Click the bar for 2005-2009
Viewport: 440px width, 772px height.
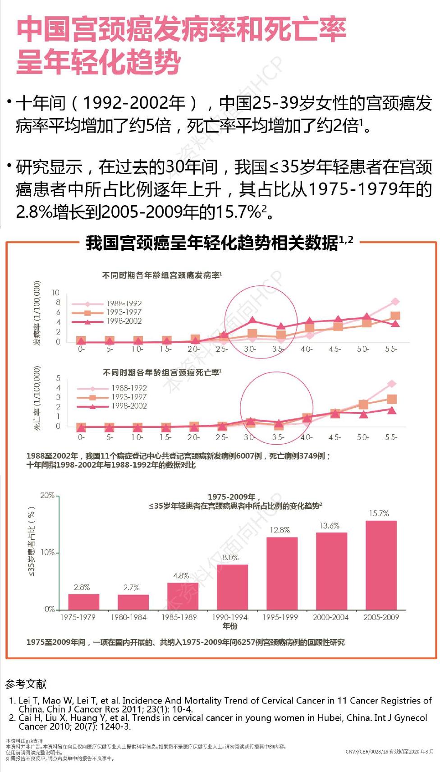coord(381,565)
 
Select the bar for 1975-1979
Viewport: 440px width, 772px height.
coord(83,602)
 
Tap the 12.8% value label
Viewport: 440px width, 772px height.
coord(280,530)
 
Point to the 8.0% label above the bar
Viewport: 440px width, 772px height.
coord(230,557)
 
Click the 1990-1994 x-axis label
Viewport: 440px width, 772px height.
coord(229,617)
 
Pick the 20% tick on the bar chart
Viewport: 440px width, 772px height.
coord(47,495)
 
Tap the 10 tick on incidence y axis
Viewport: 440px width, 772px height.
coord(55,293)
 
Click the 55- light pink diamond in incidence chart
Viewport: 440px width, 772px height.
coord(395,302)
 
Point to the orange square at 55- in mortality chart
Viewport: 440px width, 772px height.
coord(392,399)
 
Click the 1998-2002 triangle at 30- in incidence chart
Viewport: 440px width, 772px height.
coord(252,320)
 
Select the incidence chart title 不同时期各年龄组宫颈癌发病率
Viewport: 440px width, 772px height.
coord(161,275)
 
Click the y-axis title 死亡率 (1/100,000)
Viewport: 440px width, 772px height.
coord(38,398)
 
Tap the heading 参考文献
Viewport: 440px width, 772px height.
coord(26,684)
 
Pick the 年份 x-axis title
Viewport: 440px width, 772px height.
coord(229,626)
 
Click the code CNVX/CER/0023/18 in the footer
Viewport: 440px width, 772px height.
coord(367,752)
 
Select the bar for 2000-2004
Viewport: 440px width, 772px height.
coord(331,571)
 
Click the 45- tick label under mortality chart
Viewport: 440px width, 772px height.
coord(335,437)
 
